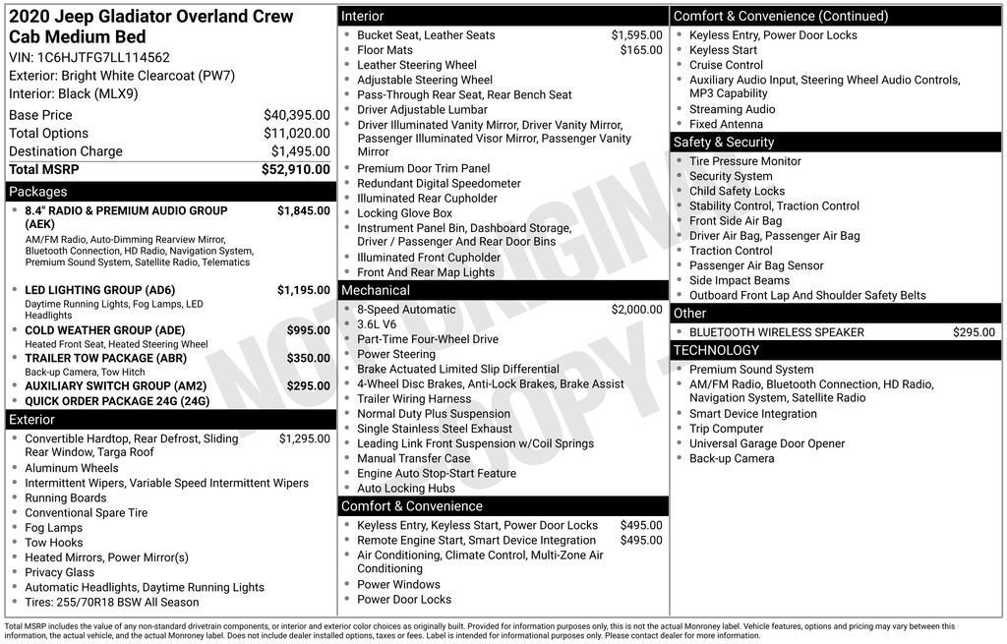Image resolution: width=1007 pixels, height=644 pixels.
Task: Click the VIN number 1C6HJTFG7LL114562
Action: tap(103, 58)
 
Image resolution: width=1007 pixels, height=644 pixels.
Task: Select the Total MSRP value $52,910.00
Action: tap(295, 169)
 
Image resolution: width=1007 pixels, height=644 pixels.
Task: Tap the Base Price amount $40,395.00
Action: tap(296, 115)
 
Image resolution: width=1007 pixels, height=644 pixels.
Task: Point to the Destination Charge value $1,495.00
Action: tap(300, 151)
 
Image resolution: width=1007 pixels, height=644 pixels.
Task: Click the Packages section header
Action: tap(38, 192)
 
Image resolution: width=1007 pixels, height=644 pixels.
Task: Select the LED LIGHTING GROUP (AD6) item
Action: tap(99, 290)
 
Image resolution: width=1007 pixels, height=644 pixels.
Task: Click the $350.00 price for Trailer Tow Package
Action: tap(308, 359)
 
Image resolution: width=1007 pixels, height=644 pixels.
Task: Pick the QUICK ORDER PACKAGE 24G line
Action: tap(117, 401)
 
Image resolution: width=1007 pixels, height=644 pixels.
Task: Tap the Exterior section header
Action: tap(32, 420)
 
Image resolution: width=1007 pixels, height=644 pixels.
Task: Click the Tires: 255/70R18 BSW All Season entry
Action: tap(111, 603)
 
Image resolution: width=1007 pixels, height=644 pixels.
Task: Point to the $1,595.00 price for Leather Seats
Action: tap(636, 35)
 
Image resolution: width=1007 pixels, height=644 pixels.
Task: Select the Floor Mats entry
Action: tap(385, 50)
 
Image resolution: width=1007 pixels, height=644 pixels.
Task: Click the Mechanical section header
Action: tap(375, 291)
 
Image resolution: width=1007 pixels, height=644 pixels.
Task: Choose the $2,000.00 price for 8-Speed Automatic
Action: tap(636, 310)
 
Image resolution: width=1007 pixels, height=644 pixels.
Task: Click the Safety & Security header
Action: tap(724, 143)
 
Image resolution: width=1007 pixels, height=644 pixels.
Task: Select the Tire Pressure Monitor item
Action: tap(744, 161)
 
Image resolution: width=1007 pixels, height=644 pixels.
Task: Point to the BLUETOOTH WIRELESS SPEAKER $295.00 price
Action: tap(974, 332)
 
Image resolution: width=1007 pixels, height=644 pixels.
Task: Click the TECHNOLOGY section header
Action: tap(716, 351)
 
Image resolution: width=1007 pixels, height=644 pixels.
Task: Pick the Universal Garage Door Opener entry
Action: tap(766, 443)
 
